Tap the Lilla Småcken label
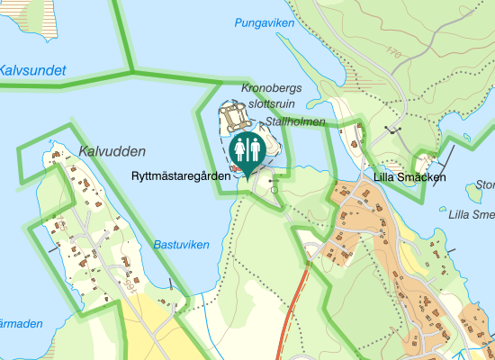(410, 177)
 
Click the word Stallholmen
(294, 121)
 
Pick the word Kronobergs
(277, 89)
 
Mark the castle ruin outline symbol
(236, 116)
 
